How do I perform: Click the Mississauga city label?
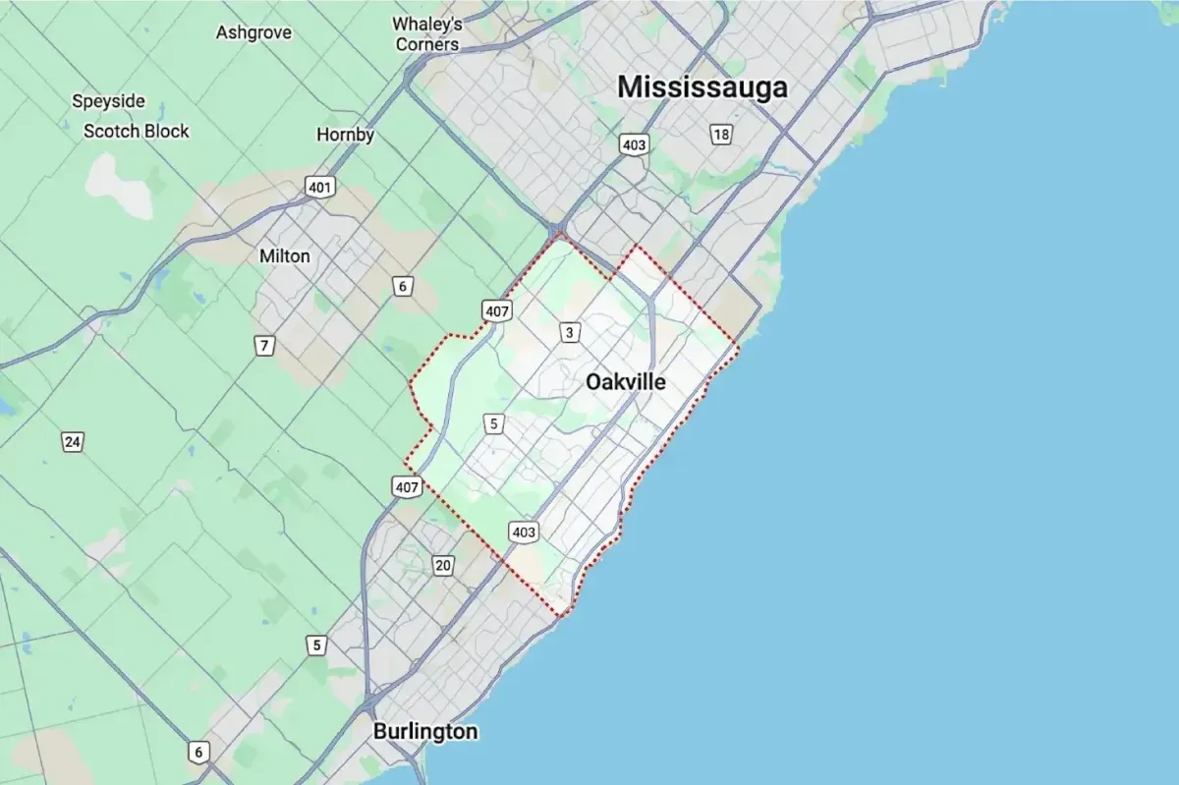point(702,87)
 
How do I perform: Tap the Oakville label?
point(625,382)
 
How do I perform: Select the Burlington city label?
point(425,732)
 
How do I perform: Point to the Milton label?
point(285,256)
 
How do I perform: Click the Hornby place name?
point(346,135)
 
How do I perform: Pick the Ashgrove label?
point(253,32)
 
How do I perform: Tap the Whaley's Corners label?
point(426,33)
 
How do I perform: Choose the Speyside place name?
point(109,101)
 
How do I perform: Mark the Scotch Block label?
point(136,131)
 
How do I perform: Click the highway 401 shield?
point(320,187)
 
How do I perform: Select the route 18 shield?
point(721,135)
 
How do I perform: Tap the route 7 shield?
point(264,346)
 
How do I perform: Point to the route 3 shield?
point(570,333)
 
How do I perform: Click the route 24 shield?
point(72,441)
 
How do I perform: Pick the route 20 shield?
point(443,565)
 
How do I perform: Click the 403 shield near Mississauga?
point(634,145)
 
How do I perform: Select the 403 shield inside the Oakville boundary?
point(524,533)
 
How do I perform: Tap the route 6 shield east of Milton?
point(402,287)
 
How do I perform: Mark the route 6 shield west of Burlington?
point(198,753)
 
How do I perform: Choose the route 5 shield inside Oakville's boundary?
point(494,424)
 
